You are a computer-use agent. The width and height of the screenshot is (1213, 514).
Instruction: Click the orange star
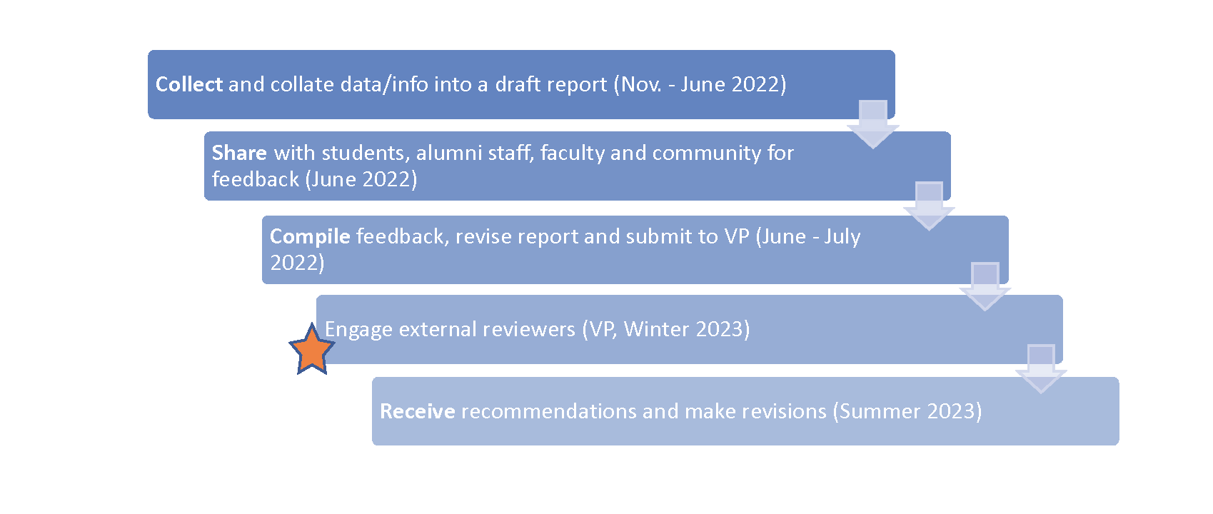312,349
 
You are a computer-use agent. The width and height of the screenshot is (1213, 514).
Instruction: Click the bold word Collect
189,84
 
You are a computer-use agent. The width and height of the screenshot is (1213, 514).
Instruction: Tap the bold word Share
239,153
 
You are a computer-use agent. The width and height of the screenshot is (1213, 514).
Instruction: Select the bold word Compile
311,237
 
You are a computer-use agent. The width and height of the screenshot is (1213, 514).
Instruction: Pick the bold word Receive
418,412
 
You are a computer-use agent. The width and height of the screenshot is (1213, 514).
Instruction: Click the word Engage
358,330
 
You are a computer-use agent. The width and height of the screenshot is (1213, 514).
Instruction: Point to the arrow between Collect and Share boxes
873,124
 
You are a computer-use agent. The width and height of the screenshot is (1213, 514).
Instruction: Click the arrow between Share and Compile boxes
930,206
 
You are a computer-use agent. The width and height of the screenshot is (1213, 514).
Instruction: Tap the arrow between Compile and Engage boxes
985,287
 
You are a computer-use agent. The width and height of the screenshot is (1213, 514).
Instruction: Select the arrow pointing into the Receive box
1041,369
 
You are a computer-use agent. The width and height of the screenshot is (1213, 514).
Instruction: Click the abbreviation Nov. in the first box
641,84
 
